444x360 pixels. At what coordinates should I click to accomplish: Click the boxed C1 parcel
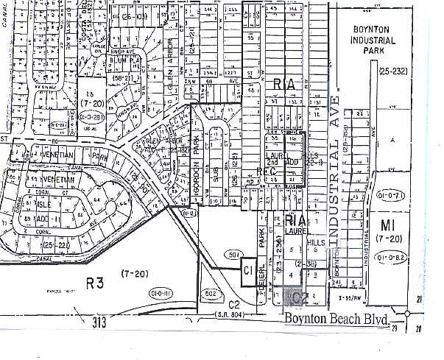pyautogui.click(x=247, y=270)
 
